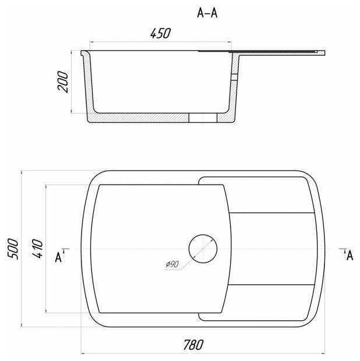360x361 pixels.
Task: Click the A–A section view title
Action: coord(207,13)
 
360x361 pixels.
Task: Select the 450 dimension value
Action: coord(160,33)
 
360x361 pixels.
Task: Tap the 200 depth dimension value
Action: coord(63,82)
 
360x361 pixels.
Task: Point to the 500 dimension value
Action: coord(13,249)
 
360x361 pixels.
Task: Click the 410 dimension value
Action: coord(37,249)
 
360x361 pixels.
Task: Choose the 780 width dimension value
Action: coord(193,345)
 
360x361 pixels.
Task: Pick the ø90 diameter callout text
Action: coord(172,264)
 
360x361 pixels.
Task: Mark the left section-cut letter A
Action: coord(58,257)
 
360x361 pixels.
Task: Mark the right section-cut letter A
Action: coord(350,256)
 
